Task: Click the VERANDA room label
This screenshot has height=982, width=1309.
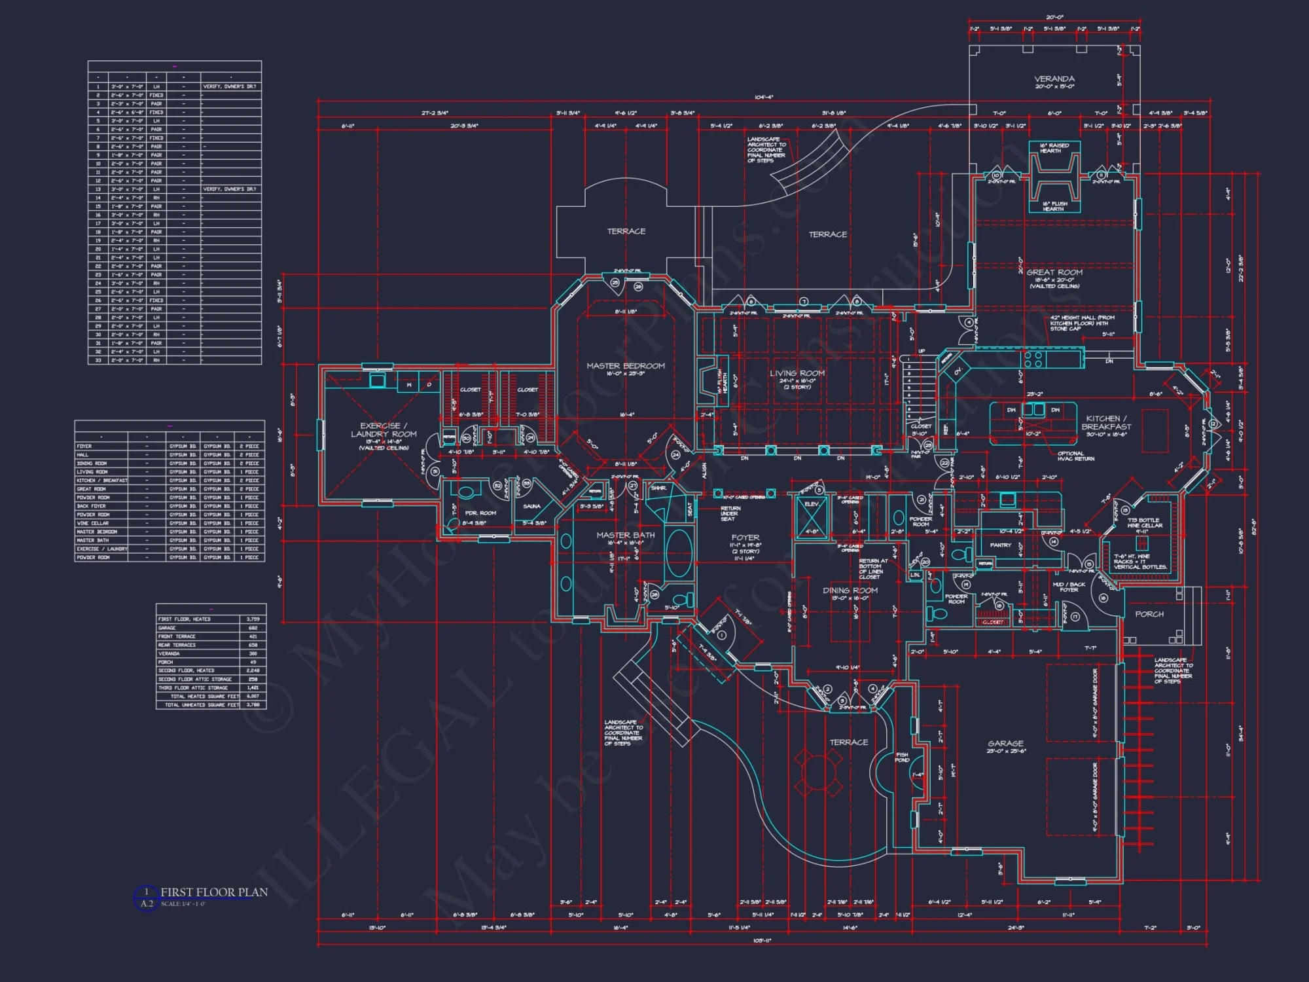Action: (x=1054, y=79)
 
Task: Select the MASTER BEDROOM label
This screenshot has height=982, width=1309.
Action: (x=625, y=366)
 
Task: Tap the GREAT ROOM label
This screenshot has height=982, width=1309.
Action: (x=1054, y=272)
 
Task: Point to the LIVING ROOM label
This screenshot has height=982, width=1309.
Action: (x=797, y=373)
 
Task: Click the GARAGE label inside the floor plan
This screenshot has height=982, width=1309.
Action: (x=1005, y=744)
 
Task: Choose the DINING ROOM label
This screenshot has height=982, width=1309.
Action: (x=850, y=591)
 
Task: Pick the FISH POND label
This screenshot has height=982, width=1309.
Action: (x=902, y=757)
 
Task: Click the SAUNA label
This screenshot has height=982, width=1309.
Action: (x=531, y=506)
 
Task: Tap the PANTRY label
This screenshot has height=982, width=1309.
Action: (x=1000, y=545)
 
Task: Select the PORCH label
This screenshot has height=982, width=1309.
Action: (x=1149, y=614)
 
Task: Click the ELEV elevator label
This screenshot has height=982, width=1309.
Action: (x=812, y=504)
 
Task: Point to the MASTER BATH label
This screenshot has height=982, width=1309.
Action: (x=625, y=535)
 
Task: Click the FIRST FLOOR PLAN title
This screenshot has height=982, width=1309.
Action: (x=214, y=892)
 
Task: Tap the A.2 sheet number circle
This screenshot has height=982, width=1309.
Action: (x=146, y=903)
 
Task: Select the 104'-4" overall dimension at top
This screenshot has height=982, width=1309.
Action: (x=763, y=97)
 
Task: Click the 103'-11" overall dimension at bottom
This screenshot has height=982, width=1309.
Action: (x=762, y=940)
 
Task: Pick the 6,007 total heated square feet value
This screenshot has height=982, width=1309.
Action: (x=253, y=697)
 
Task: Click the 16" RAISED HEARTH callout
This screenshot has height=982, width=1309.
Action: (x=1054, y=148)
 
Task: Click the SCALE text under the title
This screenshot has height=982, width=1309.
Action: (x=183, y=904)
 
